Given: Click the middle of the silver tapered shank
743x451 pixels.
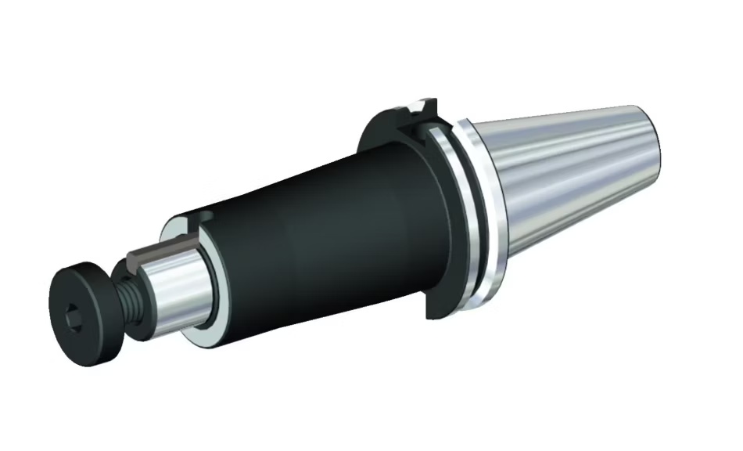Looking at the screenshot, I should pos(571,180).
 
